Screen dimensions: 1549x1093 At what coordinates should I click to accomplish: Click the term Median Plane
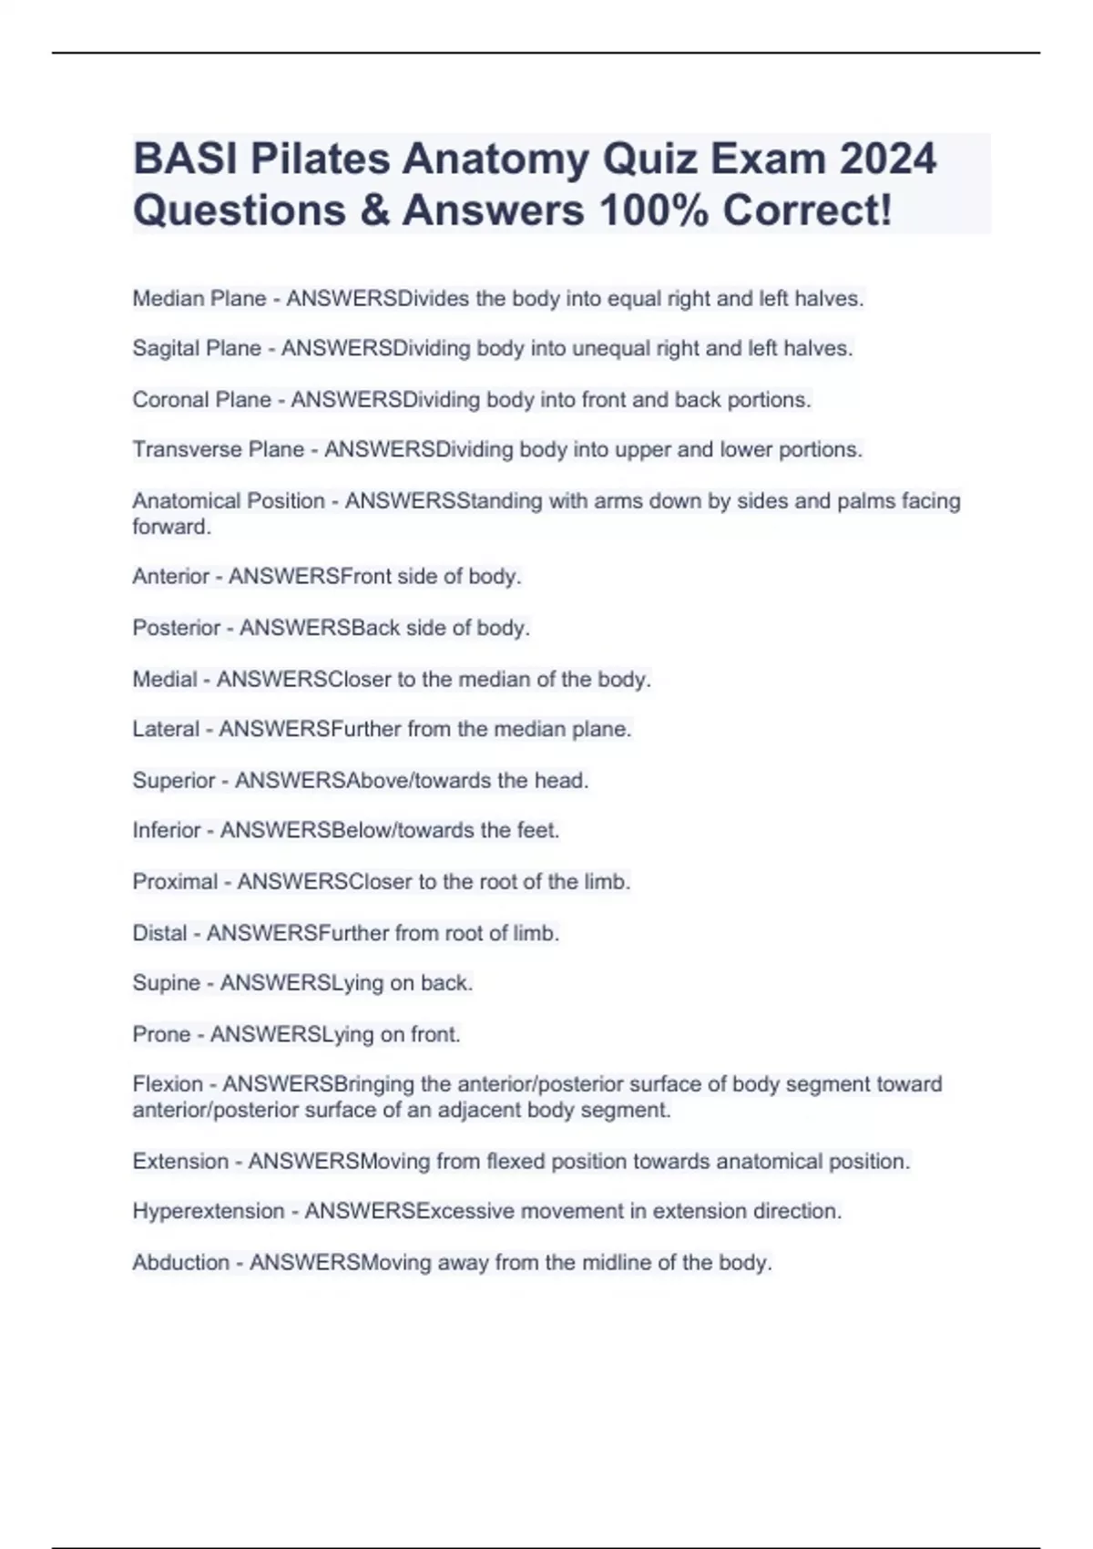point(199,299)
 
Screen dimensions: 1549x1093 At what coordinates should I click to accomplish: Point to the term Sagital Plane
point(197,348)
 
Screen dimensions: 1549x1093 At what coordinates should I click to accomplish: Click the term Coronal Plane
point(202,400)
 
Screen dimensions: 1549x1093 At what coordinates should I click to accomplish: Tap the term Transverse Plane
point(219,449)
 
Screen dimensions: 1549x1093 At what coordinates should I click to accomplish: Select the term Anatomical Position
point(229,501)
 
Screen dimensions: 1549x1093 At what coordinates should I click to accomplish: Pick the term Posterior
point(177,628)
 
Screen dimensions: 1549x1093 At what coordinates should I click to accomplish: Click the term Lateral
point(166,729)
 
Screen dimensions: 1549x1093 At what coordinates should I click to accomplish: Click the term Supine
point(167,983)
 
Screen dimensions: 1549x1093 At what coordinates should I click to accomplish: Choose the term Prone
point(161,1034)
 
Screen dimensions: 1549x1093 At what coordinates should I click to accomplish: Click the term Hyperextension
point(209,1211)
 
